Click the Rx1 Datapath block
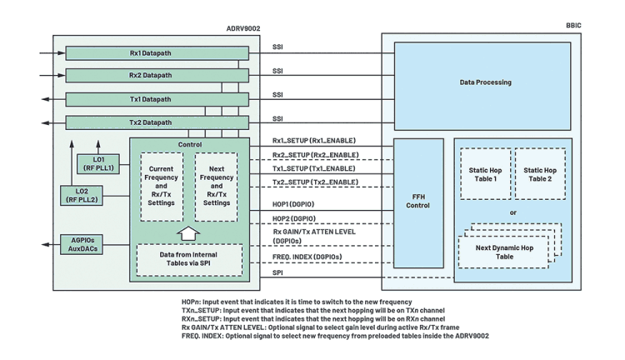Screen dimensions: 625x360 pyautogui.click(x=157, y=53)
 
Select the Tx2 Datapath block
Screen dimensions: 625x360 pyautogui.click(x=157, y=122)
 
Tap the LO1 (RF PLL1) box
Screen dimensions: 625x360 pyautogui.click(x=98, y=164)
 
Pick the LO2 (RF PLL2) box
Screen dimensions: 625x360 pyautogui.click(x=82, y=195)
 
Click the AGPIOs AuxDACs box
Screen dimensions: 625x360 pyautogui.click(x=82, y=244)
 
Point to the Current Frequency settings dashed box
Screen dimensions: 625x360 pyautogui.click(x=162, y=187)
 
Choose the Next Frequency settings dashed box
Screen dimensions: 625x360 pyautogui.click(x=217, y=187)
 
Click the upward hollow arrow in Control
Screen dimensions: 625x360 pyautogui.click(x=188, y=233)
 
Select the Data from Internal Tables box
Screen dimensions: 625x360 pyautogui.click(x=189, y=259)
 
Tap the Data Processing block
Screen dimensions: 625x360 pyautogui.click(x=482, y=86)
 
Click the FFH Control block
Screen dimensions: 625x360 pyautogui.click(x=418, y=203)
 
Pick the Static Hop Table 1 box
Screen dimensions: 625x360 pyautogui.click(x=486, y=174)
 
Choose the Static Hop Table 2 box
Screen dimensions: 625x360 pyautogui.click(x=540, y=174)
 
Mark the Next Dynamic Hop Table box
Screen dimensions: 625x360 pyautogui.click(x=504, y=252)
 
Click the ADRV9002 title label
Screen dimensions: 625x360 pyautogui.click(x=243, y=28)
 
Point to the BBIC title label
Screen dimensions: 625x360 pyautogui.click(x=573, y=26)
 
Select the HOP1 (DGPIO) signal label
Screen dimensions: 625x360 pyautogui.click(x=293, y=204)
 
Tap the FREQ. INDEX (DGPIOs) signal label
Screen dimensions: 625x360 pyautogui.click(x=307, y=257)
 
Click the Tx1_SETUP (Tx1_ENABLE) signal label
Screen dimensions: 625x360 pyautogui.click(x=313, y=168)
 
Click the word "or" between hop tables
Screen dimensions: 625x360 pyautogui.click(x=513, y=212)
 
